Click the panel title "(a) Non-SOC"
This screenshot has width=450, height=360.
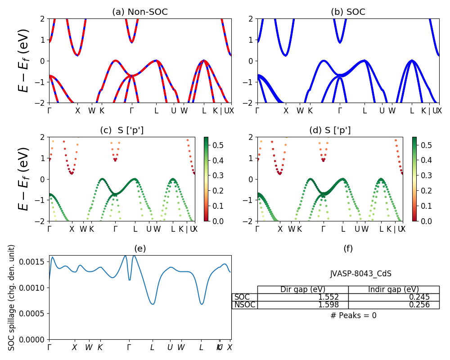pos(140,12)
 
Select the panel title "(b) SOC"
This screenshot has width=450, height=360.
pos(348,12)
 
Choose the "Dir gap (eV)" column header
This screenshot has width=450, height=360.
pos(302,289)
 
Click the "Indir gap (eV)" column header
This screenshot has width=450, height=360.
pos(393,289)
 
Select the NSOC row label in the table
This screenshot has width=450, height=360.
pos(244,305)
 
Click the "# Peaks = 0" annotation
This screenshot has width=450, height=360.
pos(353,315)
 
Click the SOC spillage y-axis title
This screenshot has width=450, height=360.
pos(12,297)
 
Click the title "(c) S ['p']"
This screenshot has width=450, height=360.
pos(122,130)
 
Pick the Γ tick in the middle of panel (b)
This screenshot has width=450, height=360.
pos(340,110)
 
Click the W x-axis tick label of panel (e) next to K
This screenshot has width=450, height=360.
pos(89,347)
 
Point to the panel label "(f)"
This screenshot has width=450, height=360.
pos(348,248)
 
